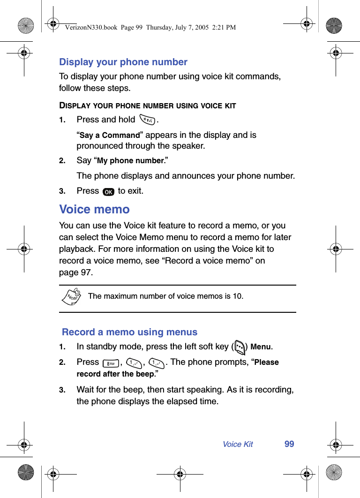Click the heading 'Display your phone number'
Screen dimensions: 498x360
(123, 62)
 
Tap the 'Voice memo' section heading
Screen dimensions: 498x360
(94, 209)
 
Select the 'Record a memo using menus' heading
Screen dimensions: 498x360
(130, 332)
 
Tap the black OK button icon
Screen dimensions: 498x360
(108, 192)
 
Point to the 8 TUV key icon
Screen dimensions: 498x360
(110, 363)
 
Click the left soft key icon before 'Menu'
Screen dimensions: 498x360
(240, 347)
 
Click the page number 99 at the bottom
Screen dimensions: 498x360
(289, 444)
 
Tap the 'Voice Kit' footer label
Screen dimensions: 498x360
(238, 445)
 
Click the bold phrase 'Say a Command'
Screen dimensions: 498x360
(110, 136)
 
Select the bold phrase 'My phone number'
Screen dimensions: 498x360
(130, 161)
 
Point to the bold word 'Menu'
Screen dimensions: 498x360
(261, 347)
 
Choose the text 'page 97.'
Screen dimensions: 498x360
(76, 272)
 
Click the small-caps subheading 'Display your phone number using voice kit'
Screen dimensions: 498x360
(147, 106)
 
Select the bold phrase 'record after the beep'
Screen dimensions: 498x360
(115, 374)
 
